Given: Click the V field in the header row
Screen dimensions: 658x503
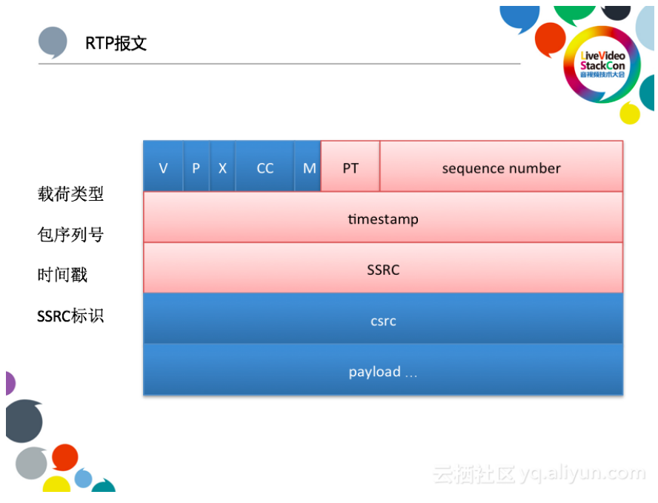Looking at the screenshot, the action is click(163, 168).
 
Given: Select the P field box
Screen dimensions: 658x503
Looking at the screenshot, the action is click(196, 168).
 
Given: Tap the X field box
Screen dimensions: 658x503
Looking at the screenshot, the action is click(222, 168).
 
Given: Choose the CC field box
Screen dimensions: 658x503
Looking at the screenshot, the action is click(265, 168).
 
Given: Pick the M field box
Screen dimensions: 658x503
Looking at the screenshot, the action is click(309, 168).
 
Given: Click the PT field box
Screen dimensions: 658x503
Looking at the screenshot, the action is click(350, 168).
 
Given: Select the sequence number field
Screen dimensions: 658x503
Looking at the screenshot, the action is click(501, 168).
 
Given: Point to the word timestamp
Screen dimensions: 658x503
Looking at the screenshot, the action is click(383, 219).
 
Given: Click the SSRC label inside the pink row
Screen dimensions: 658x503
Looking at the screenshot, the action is click(383, 270).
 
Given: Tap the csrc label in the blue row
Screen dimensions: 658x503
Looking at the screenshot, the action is click(383, 321).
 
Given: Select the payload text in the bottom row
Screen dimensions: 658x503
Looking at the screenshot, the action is click(383, 372).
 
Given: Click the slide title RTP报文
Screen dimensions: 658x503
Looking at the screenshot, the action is click(116, 43).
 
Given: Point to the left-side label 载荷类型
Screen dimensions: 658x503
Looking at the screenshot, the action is click(70, 194).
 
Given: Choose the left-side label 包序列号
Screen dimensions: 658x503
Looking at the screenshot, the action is click(70, 235).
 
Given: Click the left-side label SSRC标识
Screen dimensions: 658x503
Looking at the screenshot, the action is click(70, 316).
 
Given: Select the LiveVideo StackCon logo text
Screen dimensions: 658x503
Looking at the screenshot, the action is click(603, 64).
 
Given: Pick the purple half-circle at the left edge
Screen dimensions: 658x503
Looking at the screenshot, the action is click(9, 383).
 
